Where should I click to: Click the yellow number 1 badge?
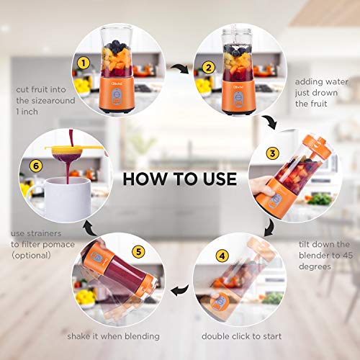coord(84,63)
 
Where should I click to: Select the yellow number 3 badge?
coord(271,153)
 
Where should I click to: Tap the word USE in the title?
coord(216,177)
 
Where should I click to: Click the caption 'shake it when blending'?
coord(114,336)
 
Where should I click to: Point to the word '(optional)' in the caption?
coord(31,255)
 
